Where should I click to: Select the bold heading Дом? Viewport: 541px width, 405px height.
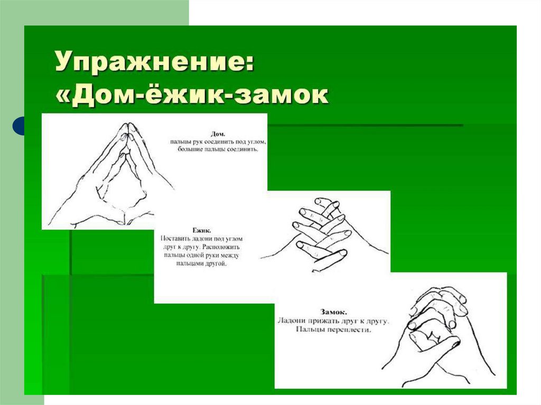coord(218,134)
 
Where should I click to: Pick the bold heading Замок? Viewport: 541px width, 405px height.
coord(334,312)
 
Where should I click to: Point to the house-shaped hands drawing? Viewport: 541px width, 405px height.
coord(110,174)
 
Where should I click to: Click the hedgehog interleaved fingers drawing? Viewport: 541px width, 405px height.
coord(323,234)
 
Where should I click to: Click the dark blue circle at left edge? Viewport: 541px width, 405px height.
coord(18,126)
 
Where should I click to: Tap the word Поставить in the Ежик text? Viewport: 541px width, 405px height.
coord(175,238)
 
